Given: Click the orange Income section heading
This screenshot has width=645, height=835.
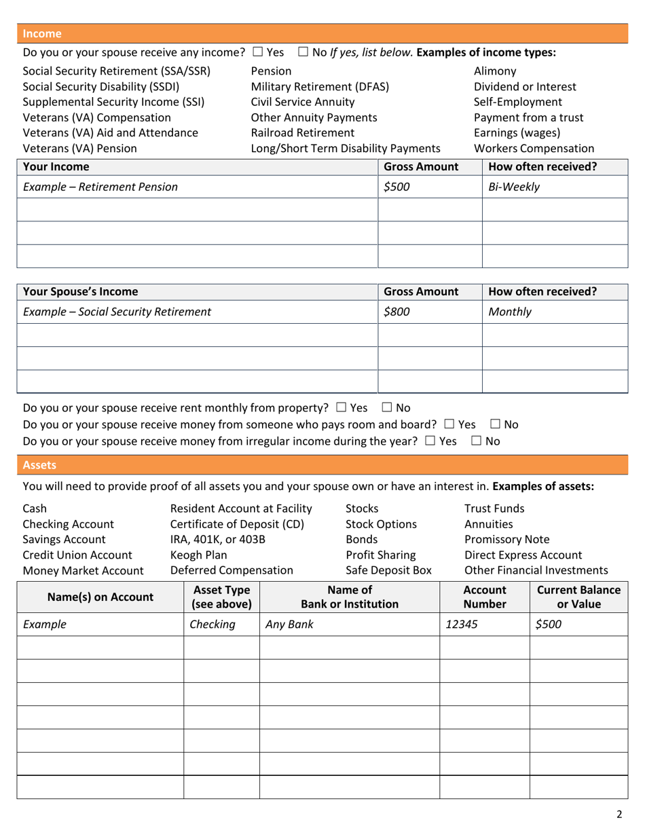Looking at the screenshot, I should click(42, 33).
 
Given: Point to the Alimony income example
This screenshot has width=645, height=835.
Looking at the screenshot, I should click(495, 71).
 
